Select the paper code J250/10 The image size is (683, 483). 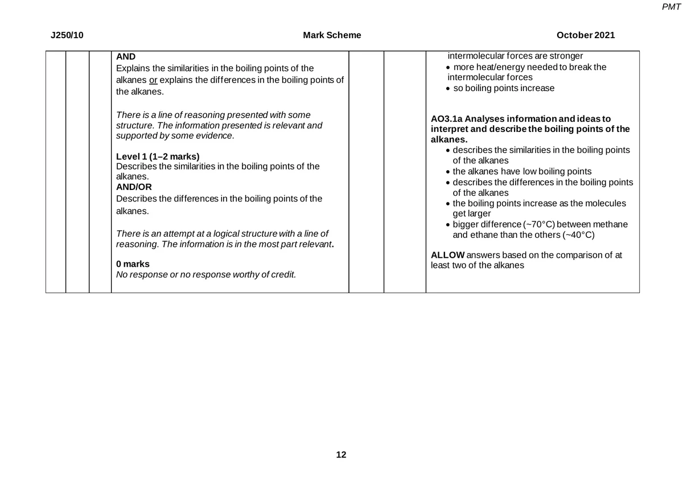coord(67,35)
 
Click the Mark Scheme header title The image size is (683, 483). coord(332,35)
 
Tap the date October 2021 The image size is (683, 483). coord(586,35)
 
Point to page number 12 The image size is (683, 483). coord(341,455)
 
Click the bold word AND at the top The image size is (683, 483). coord(126,57)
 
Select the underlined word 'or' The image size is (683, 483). coord(154,80)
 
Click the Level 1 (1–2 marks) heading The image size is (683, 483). coord(158,156)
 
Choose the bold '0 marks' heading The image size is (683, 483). coord(133,265)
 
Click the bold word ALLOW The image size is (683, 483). coord(448,255)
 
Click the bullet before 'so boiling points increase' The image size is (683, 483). coord(449,89)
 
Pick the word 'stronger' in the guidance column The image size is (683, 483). coord(566,56)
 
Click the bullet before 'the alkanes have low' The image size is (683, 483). coord(449,172)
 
